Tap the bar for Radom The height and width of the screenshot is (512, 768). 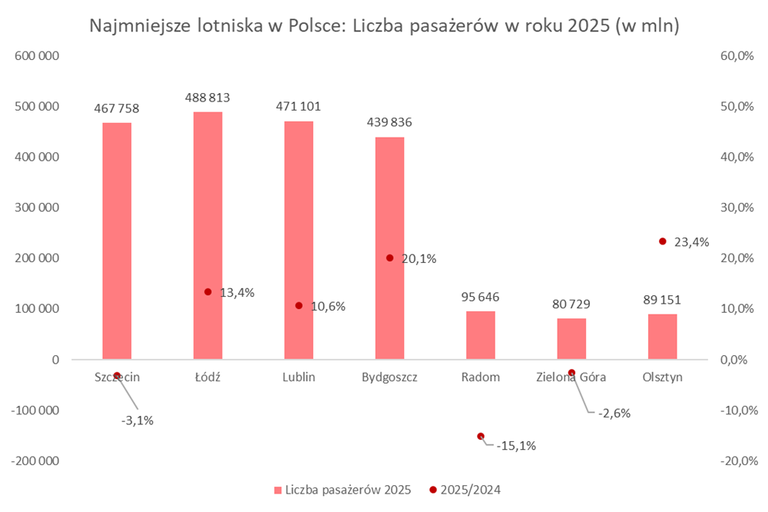481,335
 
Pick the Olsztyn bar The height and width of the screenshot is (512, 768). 663,337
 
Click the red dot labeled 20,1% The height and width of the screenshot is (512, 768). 389,258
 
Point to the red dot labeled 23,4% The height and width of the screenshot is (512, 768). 663,241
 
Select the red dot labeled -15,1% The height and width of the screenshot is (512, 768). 481,436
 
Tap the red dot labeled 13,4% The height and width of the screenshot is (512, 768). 207,291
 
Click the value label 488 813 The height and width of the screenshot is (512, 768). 207,98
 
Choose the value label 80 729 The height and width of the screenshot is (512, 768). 571,304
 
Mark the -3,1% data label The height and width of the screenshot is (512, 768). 137,420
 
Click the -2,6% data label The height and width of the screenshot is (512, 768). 614,413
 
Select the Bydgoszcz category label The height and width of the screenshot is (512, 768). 389,377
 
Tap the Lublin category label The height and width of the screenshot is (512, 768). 298,377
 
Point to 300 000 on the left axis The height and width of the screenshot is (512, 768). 38,208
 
